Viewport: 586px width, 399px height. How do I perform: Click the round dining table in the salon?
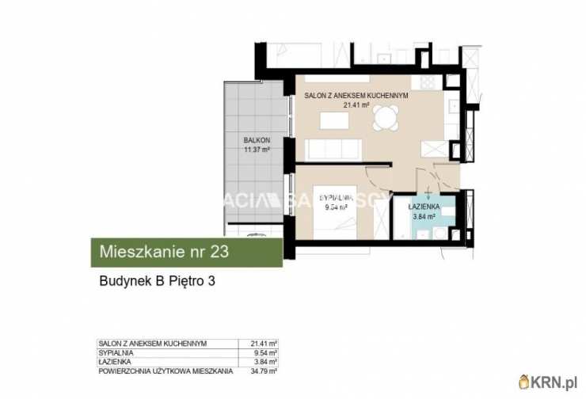click(x=386, y=119)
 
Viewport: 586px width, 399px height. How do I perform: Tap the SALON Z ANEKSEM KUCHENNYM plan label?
click(x=356, y=95)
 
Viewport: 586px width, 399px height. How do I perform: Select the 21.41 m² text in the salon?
click(x=356, y=104)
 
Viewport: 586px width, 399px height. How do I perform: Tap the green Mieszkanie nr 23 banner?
click(x=185, y=253)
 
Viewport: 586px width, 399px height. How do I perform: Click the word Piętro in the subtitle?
click(x=184, y=280)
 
